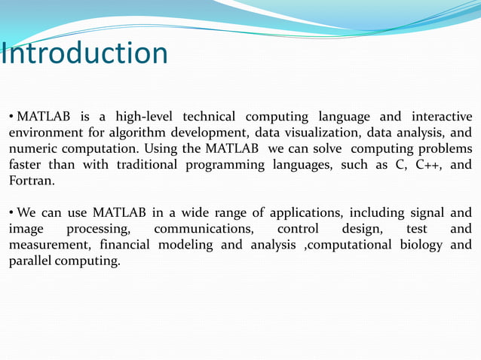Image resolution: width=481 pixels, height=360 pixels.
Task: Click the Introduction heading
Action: coord(84,53)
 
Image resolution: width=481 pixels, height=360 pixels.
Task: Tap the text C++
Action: coord(430,164)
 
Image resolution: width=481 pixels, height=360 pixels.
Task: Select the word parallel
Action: coord(31,261)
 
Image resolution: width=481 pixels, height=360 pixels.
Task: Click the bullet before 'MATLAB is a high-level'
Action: coord(11,117)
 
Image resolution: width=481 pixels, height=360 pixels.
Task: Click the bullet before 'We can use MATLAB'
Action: coord(11,213)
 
